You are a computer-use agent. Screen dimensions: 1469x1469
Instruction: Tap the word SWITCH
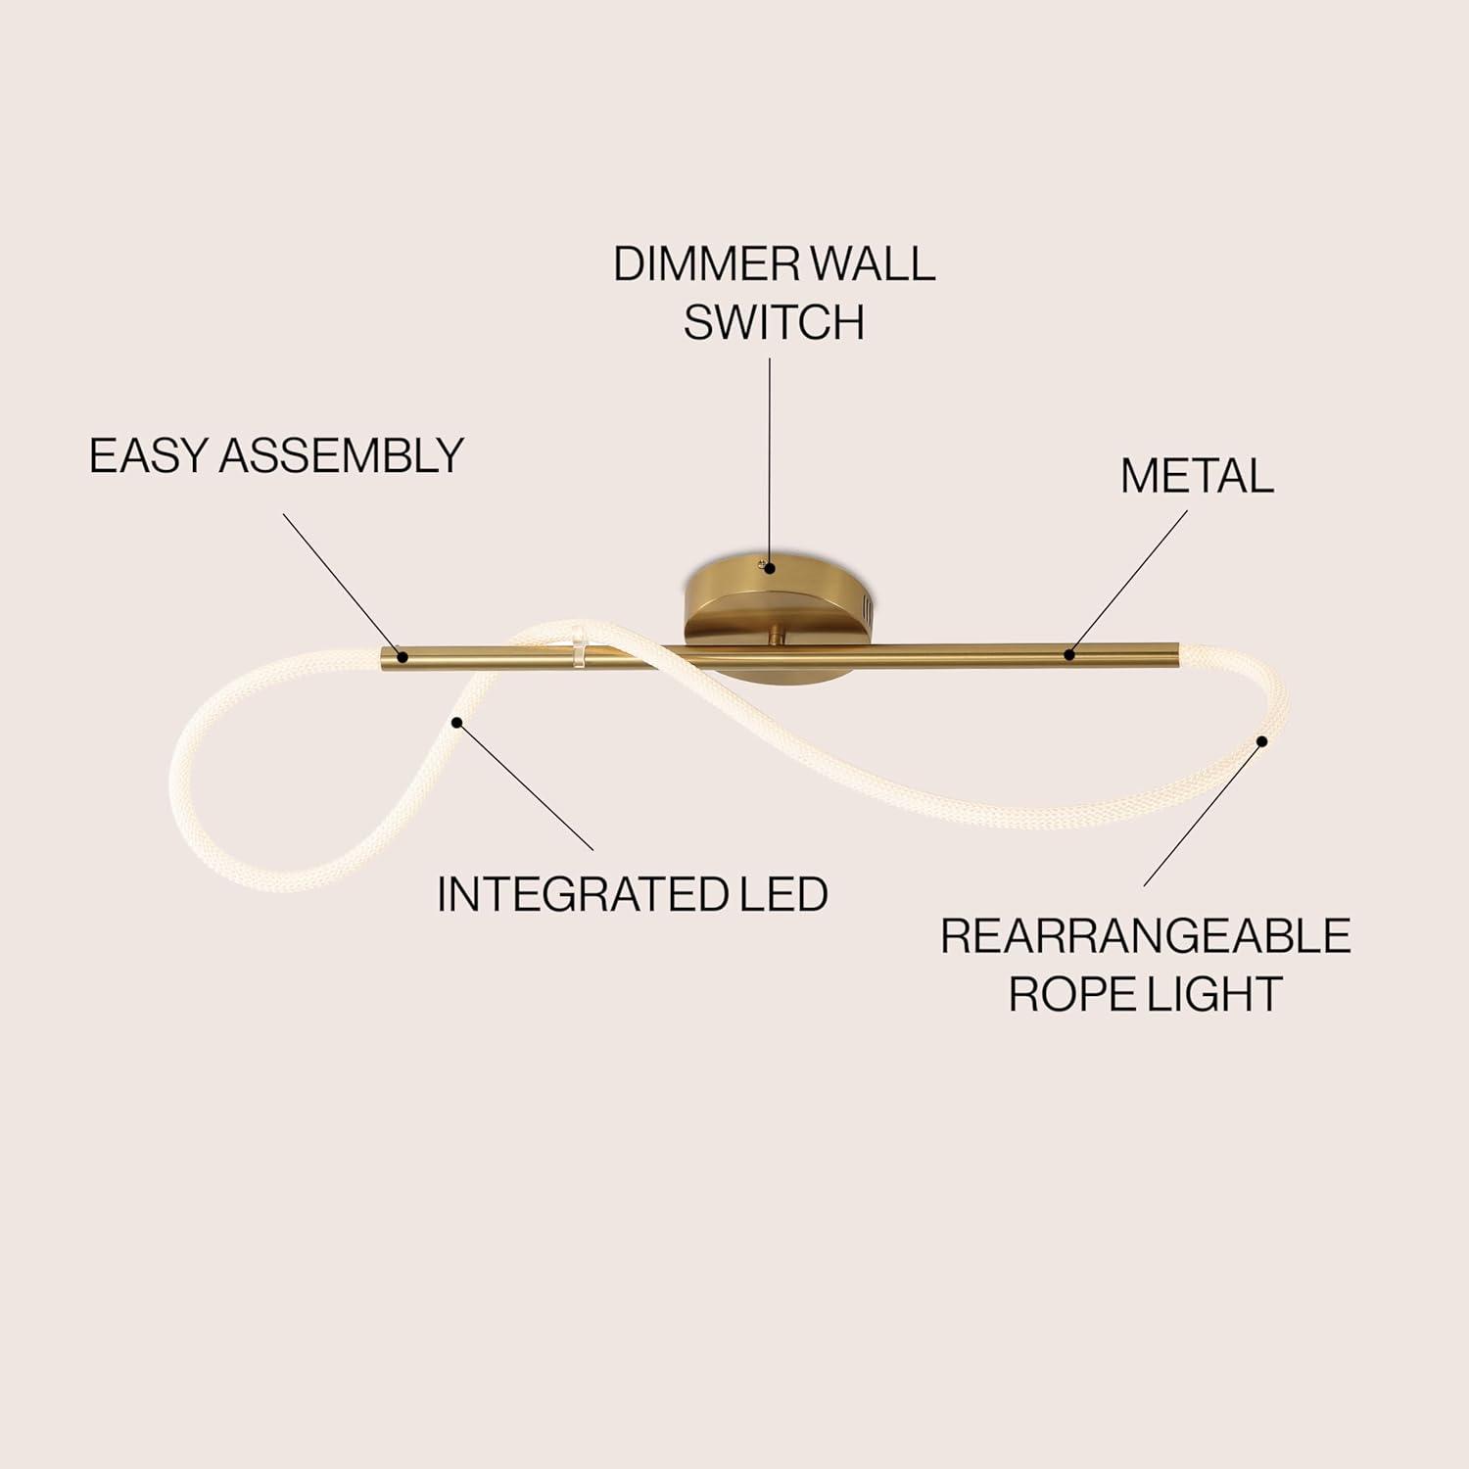click(x=774, y=322)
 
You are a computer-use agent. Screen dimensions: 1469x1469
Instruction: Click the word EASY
click(x=148, y=456)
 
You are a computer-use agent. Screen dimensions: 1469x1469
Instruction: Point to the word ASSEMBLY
click(x=341, y=456)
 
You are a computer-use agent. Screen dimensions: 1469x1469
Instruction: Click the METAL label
click(x=1197, y=476)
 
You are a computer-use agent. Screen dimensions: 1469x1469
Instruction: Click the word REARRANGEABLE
click(x=1146, y=936)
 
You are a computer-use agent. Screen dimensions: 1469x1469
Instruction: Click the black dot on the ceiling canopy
click(x=771, y=567)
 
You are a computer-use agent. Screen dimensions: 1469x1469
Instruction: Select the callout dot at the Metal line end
click(x=1070, y=654)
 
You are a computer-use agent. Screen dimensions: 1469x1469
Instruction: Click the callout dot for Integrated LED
click(x=455, y=723)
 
